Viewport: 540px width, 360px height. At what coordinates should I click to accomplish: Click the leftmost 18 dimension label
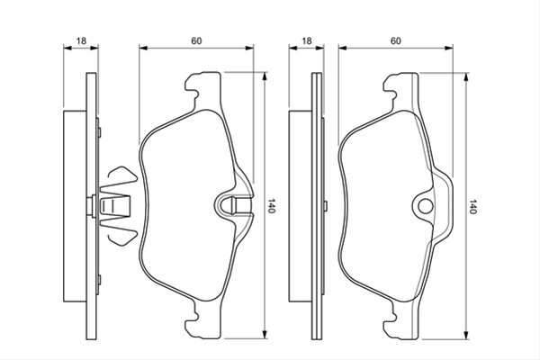(x=81, y=41)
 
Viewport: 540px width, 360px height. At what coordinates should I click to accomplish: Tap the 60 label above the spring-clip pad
(x=196, y=41)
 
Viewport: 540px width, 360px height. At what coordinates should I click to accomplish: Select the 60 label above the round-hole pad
(x=396, y=41)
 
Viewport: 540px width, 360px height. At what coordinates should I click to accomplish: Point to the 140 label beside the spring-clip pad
(x=272, y=206)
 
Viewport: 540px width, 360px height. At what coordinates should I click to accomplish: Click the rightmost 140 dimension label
(x=472, y=206)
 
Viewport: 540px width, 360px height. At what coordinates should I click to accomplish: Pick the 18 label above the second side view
(x=307, y=41)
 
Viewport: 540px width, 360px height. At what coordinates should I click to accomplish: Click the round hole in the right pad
(x=425, y=206)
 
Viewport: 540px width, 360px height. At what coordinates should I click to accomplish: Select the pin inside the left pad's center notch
(x=240, y=205)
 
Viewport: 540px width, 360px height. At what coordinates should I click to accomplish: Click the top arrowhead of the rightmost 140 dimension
(x=466, y=77)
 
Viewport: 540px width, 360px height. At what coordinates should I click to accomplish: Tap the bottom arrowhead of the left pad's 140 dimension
(x=265, y=334)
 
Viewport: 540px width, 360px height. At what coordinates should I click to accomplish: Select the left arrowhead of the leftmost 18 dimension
(x=67, y=48)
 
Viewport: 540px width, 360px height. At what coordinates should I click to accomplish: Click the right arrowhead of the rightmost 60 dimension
(x=448, y=48)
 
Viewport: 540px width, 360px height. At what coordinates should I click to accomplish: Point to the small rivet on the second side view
(x=325, y=206)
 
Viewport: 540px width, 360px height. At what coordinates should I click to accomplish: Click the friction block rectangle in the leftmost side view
(x=75, y=206)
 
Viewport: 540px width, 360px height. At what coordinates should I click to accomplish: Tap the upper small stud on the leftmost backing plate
(x=100, y=132)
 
